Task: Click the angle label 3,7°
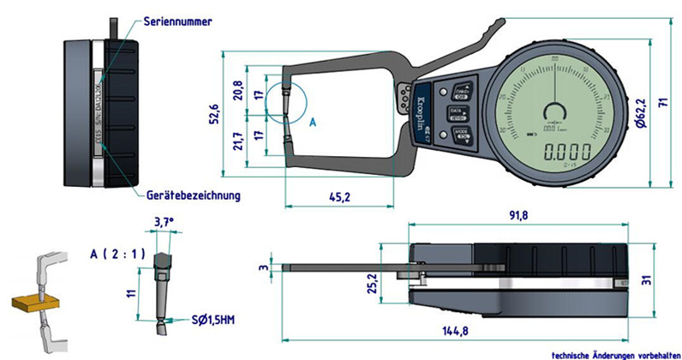pyautogui.click(x=163, y=222)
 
